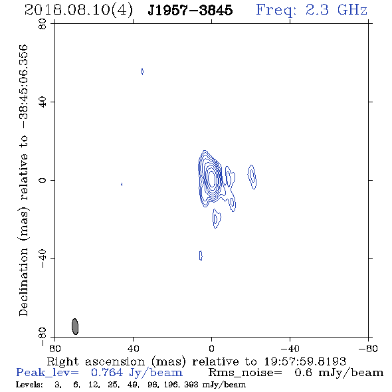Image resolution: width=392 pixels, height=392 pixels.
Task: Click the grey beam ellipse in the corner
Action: click(75, 326)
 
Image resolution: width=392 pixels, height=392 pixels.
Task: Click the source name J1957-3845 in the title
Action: click(190, 10)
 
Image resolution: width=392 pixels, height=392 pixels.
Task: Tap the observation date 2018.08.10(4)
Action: click(79, 11)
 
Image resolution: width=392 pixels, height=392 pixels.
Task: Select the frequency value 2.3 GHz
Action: click(336, 10)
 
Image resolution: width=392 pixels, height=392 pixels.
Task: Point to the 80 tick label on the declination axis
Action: click(43, 24)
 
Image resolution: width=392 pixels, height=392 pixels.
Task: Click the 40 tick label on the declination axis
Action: click(43, 102)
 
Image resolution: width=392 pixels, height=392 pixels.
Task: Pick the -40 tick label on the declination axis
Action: click(43, 258)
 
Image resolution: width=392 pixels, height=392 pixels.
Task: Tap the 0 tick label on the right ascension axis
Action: click(211, 349)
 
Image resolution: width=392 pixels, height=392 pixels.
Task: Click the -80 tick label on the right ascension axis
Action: click(368, 349)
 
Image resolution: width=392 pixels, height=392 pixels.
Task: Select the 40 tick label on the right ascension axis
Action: click(134, 349)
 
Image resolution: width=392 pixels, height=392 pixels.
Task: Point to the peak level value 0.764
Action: click(107, 373)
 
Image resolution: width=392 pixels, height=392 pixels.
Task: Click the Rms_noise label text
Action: click(245, 373)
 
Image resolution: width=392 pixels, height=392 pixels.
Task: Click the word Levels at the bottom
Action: click(29, 384)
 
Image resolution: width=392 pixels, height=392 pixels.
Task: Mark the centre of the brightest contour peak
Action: click(212, 179)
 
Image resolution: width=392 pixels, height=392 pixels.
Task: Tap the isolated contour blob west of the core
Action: click(252, 177)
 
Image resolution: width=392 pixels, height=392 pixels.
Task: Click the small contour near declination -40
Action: click(201, 256)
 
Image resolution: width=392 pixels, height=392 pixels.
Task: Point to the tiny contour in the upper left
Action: click(142, 72)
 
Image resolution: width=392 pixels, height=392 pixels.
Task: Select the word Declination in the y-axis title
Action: click(23, 282)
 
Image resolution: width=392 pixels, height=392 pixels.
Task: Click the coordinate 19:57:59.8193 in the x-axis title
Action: click(305, 361)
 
